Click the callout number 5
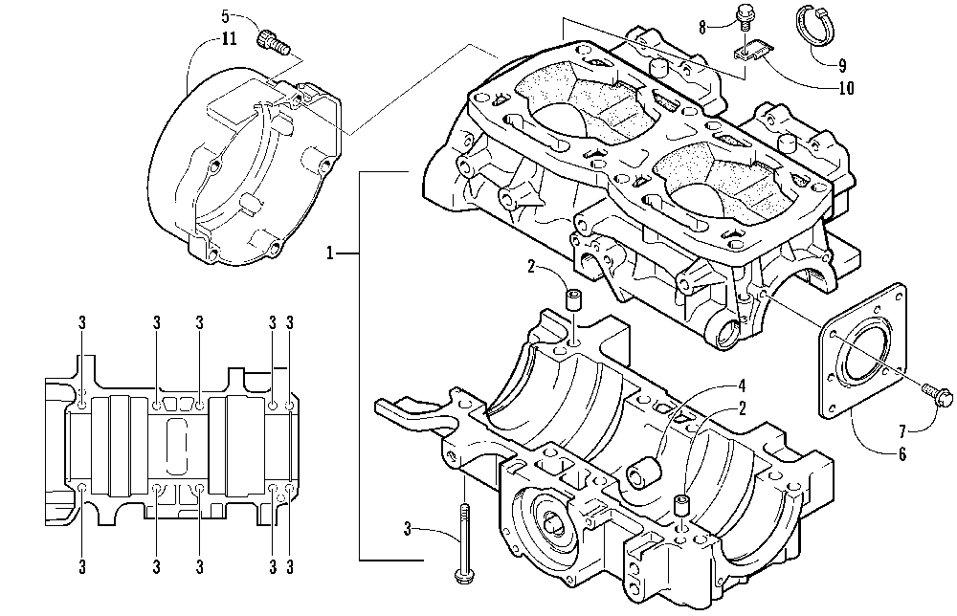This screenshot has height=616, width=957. pos(225,16)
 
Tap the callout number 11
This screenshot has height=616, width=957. pos(229,39)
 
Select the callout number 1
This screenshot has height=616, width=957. pos(329,253)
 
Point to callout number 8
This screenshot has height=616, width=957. pos(702,28)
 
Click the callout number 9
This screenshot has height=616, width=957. pos(841,65)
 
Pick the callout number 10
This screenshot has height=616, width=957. pos(846,88)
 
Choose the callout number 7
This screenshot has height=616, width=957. pos(902,432)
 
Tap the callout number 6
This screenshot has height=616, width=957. pos(902,454)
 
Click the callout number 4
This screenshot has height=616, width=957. pos(742,386)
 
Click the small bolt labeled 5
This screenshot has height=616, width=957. pos(275,41)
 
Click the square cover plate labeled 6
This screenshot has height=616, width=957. pos(862,350)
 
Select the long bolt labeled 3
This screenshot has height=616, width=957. pos(463,542)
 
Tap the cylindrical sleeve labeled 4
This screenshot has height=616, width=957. pos(644,473)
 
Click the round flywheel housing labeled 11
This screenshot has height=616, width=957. pos(244,171)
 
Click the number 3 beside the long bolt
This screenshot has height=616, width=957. pos(407,529)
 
